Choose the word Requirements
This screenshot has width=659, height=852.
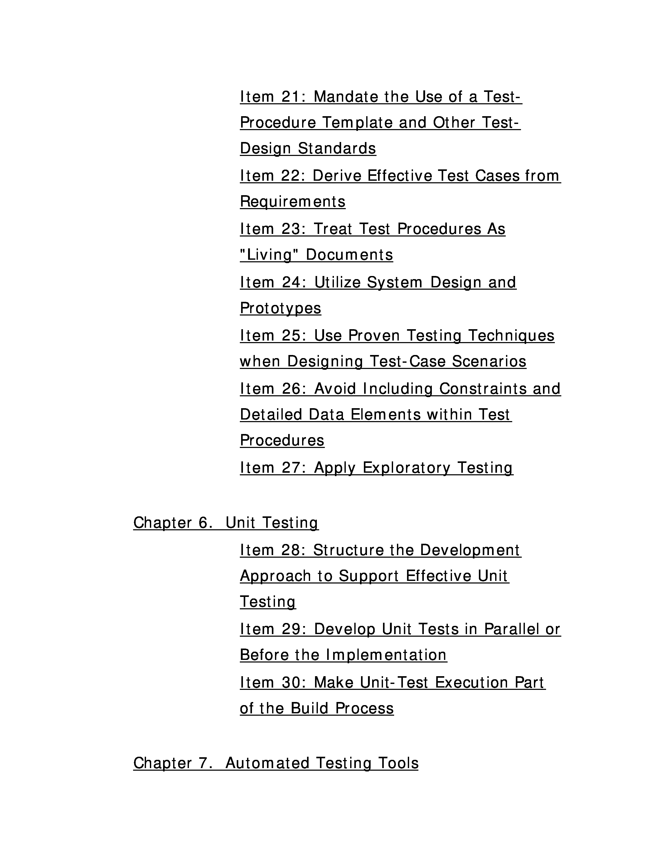click(x=292, y=202)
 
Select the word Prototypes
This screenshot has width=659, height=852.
click(x=280, y=308)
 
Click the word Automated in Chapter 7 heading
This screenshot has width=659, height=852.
click(x=267, y=763)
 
